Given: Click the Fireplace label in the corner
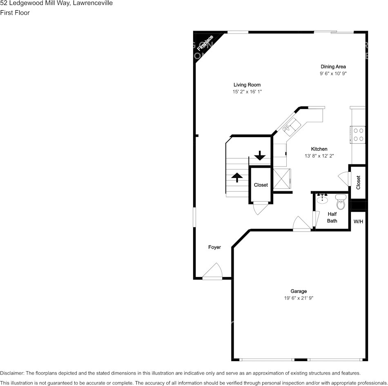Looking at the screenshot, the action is pyautogui.click(x=205, y=43).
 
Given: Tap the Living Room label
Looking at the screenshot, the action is pyautogui.click(x=247, y=85).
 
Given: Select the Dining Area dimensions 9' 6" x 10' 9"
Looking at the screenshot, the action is pyautogui.click(x=333, y=74).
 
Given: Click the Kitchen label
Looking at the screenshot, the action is pyautogui.click(x=319, y=149).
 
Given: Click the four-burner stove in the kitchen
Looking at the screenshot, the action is pyautogui.click(x=359, y=135).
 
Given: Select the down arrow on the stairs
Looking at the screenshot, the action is pyautogui.click(x=260, y=155).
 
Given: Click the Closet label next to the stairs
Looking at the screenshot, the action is pyautogui.click(x=261, y=185).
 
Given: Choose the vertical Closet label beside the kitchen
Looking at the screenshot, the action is pyautogui.click(x=359, y=182).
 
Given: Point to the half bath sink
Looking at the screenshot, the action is pyautogui.click(x=323, y=198).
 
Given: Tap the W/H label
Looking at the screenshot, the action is pyautogui.click(x=358, y=222).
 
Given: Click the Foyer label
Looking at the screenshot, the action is pyautogui.click(x=214, y=247).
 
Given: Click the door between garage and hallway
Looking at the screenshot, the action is pyautogui.click(x=301, y=224).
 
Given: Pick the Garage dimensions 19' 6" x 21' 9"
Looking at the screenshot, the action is pyautogui.click(x=299, y=298).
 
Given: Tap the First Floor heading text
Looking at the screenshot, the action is pyautogui.click(x=15, y=13).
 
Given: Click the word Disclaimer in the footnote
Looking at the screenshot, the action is pyautogui.click(x=12, y=373).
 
